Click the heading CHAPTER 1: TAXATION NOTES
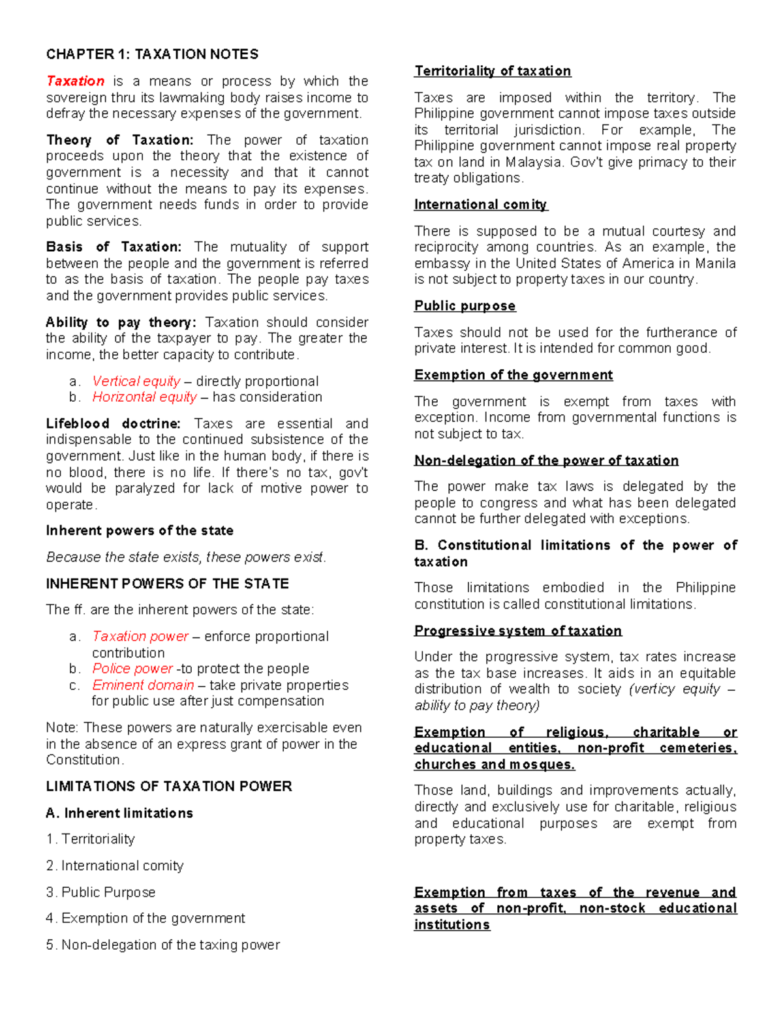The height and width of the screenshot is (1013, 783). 152,54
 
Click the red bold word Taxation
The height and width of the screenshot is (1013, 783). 75,81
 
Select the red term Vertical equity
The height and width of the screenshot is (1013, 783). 136,381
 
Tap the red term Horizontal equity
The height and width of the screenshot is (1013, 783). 144,397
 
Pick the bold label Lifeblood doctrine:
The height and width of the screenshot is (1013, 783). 113,423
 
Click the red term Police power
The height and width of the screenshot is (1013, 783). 132,669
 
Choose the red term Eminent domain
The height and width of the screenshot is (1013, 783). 143,685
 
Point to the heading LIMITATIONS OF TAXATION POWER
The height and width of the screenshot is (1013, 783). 169,786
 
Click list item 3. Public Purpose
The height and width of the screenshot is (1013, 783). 100,892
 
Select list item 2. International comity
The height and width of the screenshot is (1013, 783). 115,866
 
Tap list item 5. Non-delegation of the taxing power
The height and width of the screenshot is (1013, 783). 162,945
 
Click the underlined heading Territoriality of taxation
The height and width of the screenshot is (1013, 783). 493,71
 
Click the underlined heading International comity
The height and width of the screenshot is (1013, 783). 480,205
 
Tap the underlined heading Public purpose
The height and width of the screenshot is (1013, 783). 465,306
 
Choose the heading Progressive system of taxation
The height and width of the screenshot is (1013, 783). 518,631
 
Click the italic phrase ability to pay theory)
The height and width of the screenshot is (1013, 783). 477,705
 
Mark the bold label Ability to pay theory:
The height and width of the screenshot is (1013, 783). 121,322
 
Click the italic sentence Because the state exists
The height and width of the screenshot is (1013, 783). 185,557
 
